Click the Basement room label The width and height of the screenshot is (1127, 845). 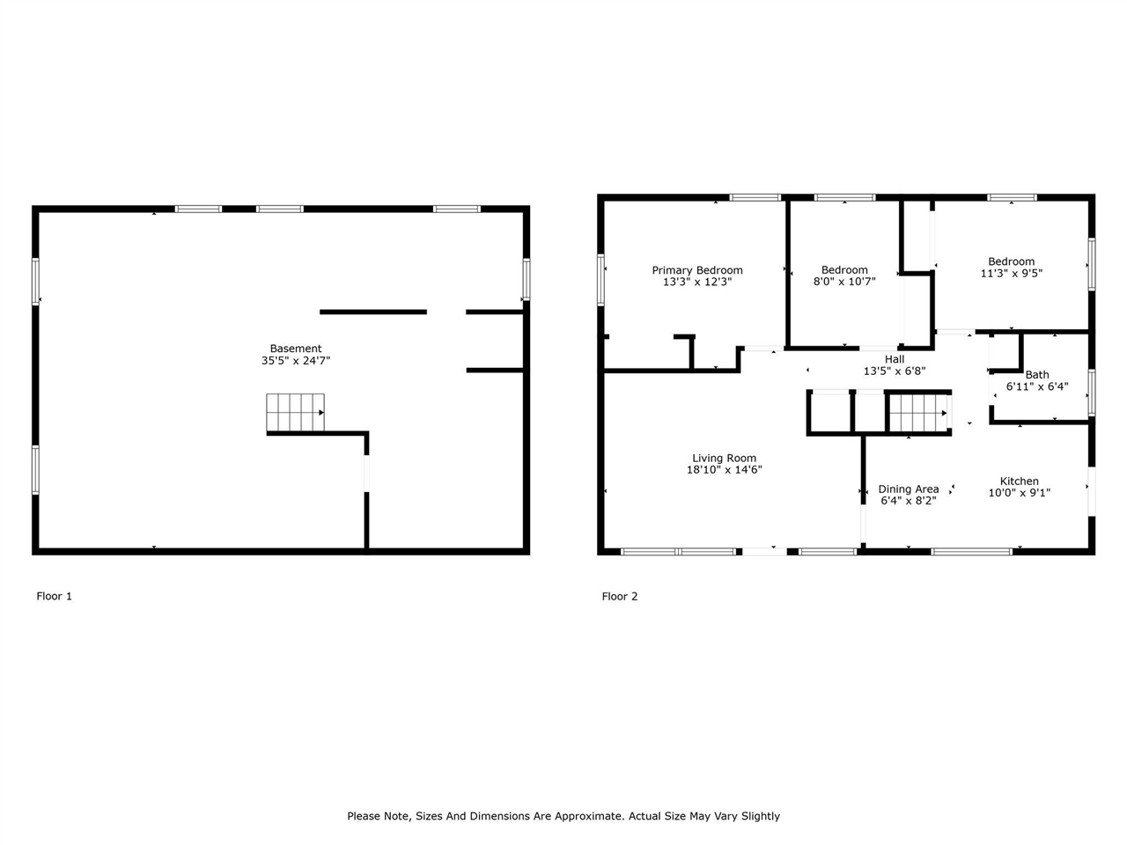(x=296, y=349)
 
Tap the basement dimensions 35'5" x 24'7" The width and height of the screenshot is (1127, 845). (x=296, y=360)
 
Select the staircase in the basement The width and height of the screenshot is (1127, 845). (x=295, y=413)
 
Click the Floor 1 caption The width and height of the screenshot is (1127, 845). (x=54, y=596)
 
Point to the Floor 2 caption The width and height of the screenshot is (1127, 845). (x=620, y=596)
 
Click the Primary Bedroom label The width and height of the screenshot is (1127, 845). (x=697, y=270)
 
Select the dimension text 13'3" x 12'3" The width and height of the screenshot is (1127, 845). (x=697, y=282)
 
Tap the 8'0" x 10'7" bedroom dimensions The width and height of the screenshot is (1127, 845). (x=844, y=281)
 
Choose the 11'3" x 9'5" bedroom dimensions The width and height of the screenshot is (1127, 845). (x=1012, y=273)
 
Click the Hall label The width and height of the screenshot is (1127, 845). (x=895, y=359)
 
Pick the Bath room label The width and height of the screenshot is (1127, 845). (x=1037, y=375)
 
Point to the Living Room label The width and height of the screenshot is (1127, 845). (x=725, y=459)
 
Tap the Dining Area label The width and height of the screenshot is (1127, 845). (x=909, y=489)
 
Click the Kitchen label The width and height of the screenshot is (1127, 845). (x=1020, y=481)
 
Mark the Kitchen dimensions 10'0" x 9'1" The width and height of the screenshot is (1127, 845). (x=1020, y=493)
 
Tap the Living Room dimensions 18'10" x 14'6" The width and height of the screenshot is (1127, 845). (x=725, y=469)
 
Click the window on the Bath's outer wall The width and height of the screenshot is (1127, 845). (x=1092, y=393)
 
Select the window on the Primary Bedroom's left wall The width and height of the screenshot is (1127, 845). (x=600, y=280)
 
